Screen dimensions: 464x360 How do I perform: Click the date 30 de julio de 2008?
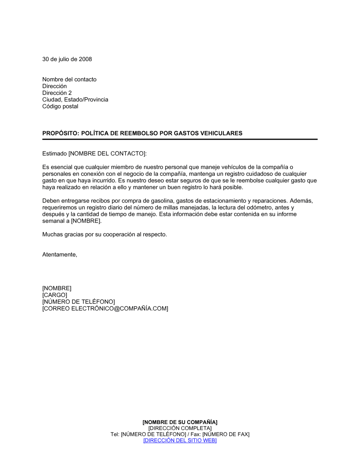[x=67, y=59]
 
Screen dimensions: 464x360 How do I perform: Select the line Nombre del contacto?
[x=69, y=79]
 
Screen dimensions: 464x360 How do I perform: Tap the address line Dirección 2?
[x=57, y=93]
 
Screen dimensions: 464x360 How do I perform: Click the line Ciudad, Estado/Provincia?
[x=75, y=100]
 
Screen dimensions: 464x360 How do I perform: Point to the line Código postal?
[x=60, y=106]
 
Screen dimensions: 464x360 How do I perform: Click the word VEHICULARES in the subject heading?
[x=221, y=133]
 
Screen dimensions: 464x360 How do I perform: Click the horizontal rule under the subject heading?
[x=180, y=139]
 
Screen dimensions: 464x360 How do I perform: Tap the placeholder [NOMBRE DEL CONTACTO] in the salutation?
[x=107, y=154]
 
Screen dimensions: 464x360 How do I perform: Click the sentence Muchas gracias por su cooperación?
[x=104, y=235]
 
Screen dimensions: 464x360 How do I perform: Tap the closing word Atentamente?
[x=59, y=255]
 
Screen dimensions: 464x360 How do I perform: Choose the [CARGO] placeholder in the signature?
[x=55, y=295]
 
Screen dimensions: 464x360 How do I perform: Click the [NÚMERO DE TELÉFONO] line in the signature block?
[x=78, y=302]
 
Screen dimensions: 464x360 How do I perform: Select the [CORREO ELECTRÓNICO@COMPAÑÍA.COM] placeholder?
[x=105, y=309]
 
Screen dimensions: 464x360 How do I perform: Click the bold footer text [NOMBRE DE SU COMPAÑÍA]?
[x=180, y=422]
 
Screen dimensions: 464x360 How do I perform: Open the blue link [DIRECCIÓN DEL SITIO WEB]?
[x=180, y=441]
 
